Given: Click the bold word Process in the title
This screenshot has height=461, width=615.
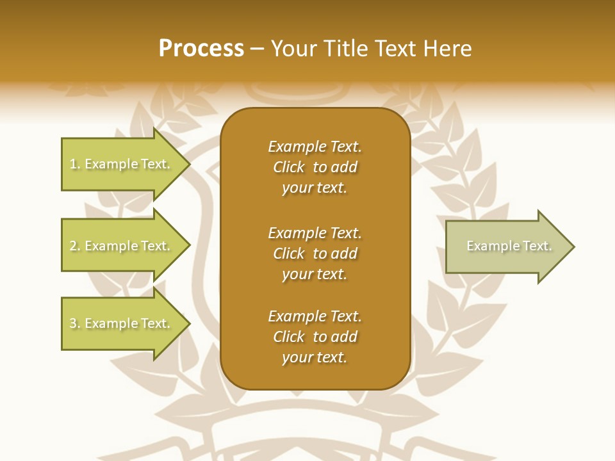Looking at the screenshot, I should tap(201, 49).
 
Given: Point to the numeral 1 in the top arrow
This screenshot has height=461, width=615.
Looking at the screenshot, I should tap(73, 165).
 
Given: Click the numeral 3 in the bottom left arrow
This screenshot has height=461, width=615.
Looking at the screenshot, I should tap(73, 324).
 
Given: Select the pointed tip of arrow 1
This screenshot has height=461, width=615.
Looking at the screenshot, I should tap(188, 164).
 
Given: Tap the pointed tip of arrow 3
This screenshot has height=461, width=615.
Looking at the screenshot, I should tap(188, 323).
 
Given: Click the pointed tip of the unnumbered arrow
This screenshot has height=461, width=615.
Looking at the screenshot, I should tap(572, 247).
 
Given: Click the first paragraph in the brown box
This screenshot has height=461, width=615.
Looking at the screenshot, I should tap(315, 167).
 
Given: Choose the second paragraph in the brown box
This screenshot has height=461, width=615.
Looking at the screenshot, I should tap(315, 254).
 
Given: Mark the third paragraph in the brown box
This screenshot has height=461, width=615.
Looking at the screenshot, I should tap(315, 337).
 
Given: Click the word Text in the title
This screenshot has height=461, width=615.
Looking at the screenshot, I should tap(395, 49).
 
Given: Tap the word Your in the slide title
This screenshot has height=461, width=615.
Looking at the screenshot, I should tap(295, 49).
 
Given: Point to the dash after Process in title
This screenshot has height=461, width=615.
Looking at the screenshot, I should tap(258, 49).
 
